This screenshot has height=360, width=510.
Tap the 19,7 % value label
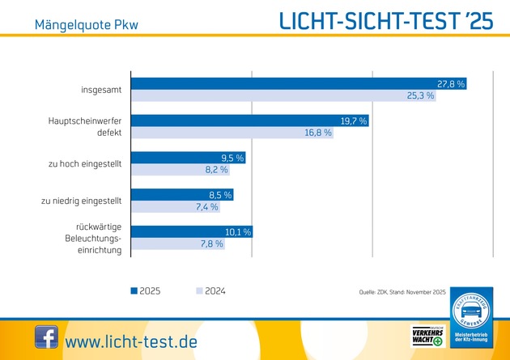pyautogui.click(x=353, y=121)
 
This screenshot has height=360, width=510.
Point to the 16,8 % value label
pyautogui.click(x=318, y=133)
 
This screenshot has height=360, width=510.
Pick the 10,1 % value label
pyautogui.click(x=238, y=232)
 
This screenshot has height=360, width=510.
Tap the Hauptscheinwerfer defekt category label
pyautogui.click(x=85, y=127)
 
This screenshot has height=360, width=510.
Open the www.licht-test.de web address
pyautogui.click(x=131, y=341)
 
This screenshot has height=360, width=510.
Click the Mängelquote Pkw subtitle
pyautogui.click(x=86, y=23)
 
